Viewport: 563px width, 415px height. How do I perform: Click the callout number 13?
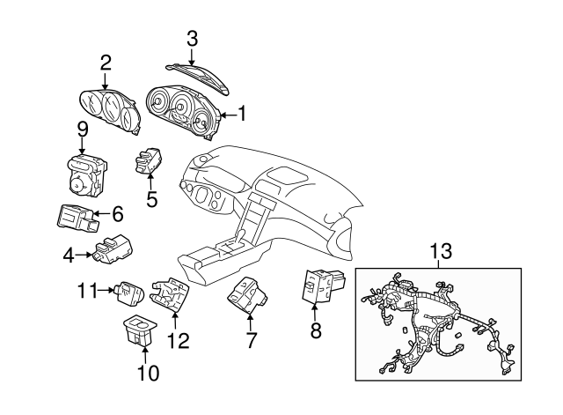[x=441, y=250]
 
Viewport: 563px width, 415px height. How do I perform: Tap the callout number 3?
[x=192, y=39]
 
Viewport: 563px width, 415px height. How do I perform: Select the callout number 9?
[x=83, y=130]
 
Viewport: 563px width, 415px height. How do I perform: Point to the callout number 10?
[x=148, y=373]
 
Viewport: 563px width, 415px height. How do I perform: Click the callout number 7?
[x=251, y=340]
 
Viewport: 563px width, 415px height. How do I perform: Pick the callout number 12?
[x=179, y=341]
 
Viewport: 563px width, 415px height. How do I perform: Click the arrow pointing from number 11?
[x=106, y=290]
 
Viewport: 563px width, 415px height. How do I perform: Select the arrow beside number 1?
[x=229, y=115]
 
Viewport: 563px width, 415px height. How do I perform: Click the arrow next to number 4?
[x=84, y=255]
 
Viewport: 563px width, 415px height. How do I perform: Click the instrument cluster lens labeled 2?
[x=109, y=111]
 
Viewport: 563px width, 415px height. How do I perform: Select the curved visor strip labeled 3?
[x=198, y=78]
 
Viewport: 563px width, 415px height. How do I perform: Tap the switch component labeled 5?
[x=149, y=160]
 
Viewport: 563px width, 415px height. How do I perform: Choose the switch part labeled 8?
[x=324, y=285]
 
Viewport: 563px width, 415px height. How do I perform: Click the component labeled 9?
[x=86, y=175]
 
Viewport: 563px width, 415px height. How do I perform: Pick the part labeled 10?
[x=139, y=330]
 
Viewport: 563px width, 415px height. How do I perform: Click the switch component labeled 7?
[x=248, y=295]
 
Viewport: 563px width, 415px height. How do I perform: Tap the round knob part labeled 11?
[x=129, y=293]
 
